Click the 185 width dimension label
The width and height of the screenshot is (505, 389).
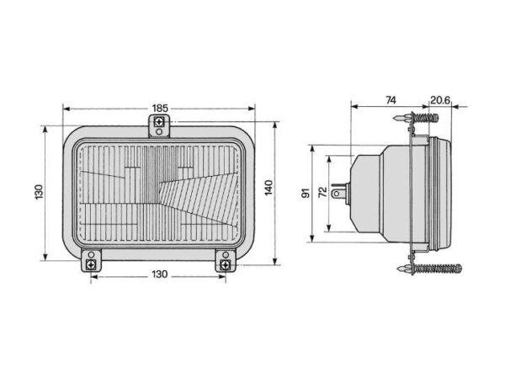(x=160, y=109)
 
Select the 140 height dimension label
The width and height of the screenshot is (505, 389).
(x=268, y=188)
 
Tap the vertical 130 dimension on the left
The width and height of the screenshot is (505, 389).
(x=39, y=192)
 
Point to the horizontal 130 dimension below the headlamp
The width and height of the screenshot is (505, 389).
(x=160, y=274)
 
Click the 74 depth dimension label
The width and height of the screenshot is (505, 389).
(x=391, y=100)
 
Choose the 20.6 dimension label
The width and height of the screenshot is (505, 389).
(x=440, y=100)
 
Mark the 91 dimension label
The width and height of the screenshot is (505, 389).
(x=306, y=193)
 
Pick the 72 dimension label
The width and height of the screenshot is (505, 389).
(x=322, y=192)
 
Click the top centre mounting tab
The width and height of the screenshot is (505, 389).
(x=159, y=126)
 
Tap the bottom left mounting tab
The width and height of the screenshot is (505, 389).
(x=91, y=260)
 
